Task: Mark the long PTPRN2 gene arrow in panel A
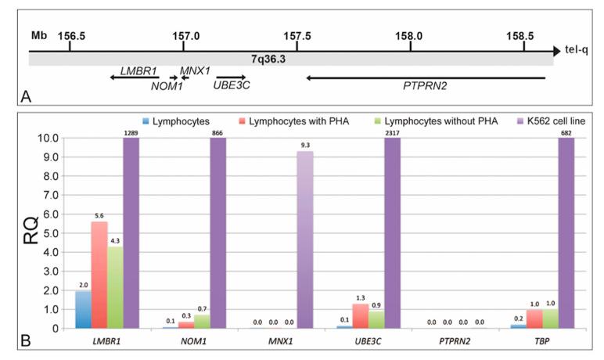426,77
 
